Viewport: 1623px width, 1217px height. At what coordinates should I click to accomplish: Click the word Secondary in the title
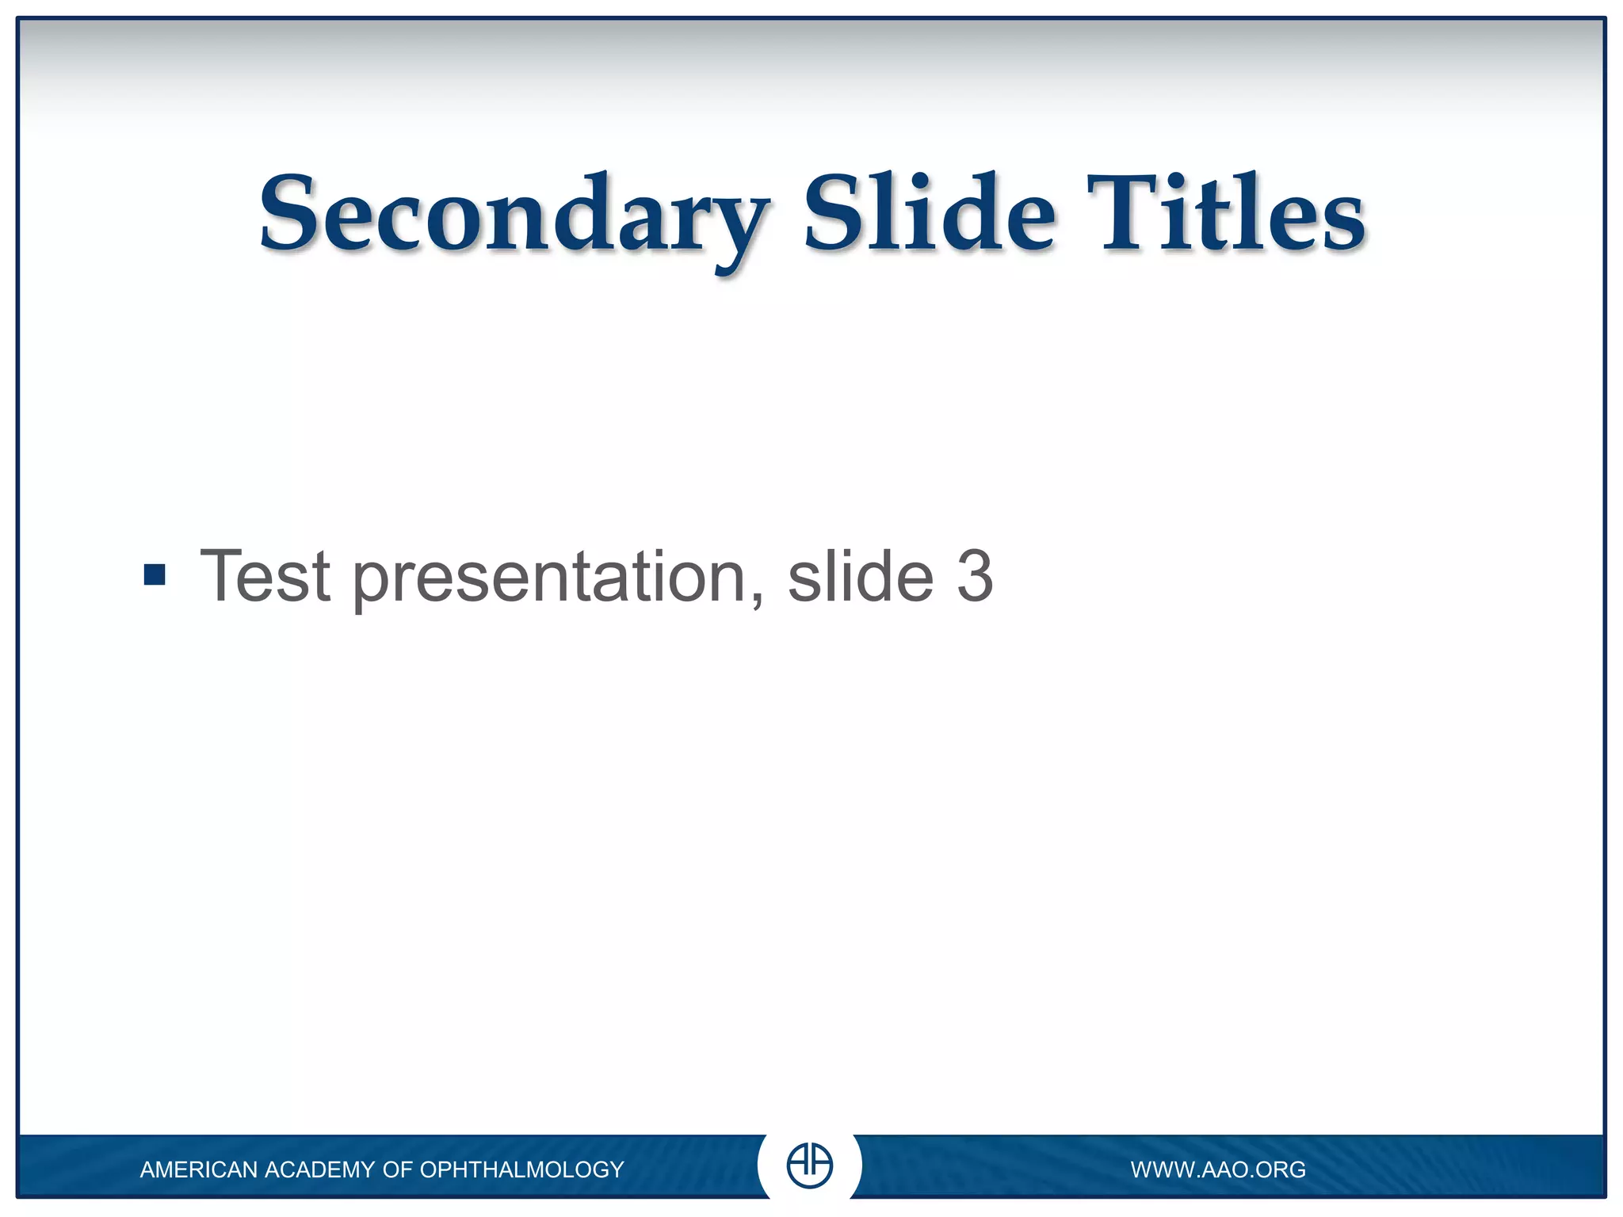click(514, 216)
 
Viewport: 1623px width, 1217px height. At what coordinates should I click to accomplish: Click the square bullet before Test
click(155, 574)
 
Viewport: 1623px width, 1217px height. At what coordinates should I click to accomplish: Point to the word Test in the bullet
click(265, 577)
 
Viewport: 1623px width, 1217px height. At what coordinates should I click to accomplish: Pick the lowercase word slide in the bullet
click(861, 577)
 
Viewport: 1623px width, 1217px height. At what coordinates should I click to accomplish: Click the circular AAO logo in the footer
click(809, 1165)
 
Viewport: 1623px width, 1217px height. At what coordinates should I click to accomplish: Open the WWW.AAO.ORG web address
click(1218, 1169)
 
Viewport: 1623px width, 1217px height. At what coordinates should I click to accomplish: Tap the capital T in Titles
click(1121, 212)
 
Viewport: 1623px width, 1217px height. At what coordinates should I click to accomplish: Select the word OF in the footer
click(398, 1169)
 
